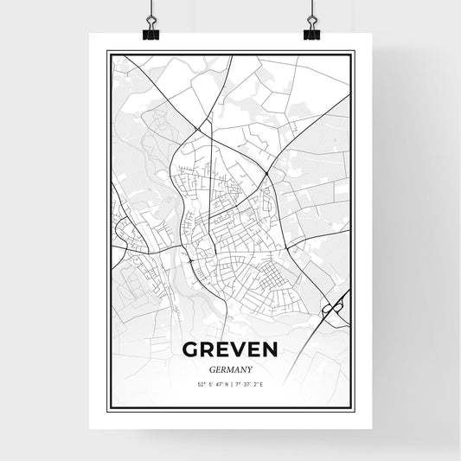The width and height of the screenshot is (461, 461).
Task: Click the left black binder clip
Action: tap(151, 34)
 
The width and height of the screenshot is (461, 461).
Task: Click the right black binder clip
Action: tap(311, 34)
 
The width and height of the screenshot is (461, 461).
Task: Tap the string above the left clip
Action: tap(151, 10)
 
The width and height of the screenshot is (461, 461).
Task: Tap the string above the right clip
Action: tap(311, 10)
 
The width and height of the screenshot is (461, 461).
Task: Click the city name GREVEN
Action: tap(230, 349)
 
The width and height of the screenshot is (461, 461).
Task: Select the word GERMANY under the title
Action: tap(230, 368)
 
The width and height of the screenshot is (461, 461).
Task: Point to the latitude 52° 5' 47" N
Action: tap(211, 384)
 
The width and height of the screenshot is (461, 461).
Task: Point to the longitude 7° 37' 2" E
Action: tap(250, 384)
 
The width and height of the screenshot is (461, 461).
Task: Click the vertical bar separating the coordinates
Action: tap(230, 384)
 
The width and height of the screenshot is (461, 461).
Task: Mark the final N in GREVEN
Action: tap(270, 349)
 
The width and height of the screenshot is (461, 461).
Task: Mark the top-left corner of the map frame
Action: tap(107, 51)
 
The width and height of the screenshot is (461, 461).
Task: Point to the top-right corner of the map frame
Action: tap(354, 51)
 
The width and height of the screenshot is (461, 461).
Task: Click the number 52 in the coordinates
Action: tap(200, 384)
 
